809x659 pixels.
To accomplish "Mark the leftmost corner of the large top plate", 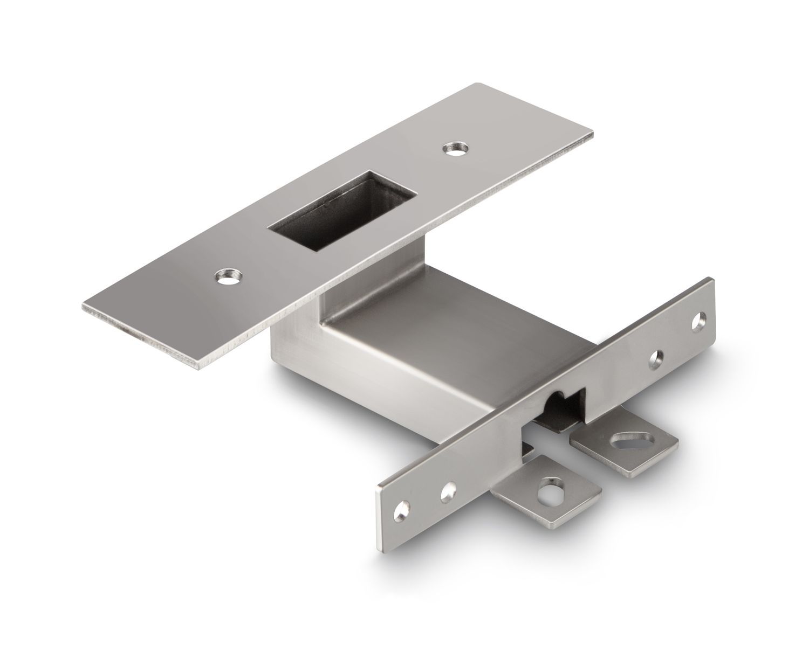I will pos(84,308).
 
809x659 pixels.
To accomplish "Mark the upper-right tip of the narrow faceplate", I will pos(712,280).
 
